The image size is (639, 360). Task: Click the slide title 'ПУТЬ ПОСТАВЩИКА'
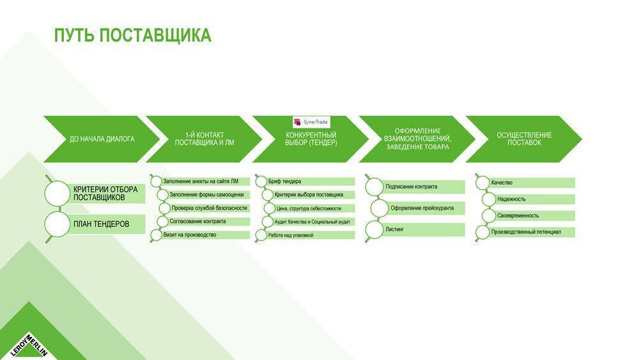click(133, 35)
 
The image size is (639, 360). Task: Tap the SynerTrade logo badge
click(311, 122)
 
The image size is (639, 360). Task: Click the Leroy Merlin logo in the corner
click(29, 345)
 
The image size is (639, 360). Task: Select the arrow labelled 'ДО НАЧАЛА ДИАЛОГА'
click(102, 139)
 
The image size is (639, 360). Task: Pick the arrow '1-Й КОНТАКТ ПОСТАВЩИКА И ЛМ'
click(204, 139)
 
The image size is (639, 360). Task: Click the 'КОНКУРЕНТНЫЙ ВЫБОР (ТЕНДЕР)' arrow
click(311, 139)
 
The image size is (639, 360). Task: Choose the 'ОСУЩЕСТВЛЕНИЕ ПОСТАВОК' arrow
click(524, 139)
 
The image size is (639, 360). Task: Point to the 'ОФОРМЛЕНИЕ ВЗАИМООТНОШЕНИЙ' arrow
click(417, 139)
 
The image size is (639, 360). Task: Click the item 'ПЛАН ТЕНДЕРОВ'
click(101, 224)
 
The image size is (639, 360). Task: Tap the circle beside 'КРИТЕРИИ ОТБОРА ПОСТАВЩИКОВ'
click(57, 193)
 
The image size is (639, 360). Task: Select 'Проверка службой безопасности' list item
click(209, 208)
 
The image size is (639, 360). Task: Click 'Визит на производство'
click(190, 235)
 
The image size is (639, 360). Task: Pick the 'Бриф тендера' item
click(284, 181)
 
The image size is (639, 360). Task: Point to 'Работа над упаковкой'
click(291, 235)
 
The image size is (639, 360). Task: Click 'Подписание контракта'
click(411, 187)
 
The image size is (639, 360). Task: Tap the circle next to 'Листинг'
click(374, 230)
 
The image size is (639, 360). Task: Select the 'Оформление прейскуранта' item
click(422, 208)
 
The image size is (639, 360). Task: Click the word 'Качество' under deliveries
click(502, 183)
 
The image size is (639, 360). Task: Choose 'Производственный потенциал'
click(526, 232)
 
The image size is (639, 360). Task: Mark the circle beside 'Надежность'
click(489, 200)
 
